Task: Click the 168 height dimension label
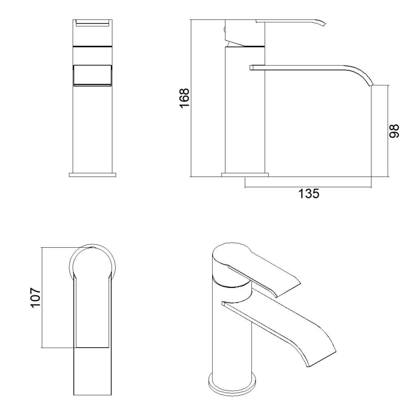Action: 184,98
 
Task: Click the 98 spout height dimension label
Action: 394,131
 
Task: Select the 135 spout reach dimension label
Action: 309,194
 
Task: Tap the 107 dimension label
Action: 35,297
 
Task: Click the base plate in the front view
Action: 92,175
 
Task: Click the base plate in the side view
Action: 245,175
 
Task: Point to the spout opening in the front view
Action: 92,75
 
